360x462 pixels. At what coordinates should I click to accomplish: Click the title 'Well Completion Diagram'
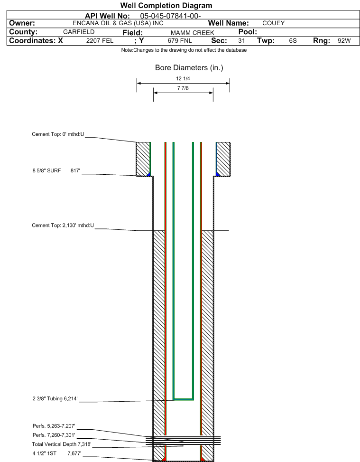point(166,6)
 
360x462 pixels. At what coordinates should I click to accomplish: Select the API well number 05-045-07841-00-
point(170,16)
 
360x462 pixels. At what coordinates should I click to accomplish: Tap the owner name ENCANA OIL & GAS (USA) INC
point(118,23)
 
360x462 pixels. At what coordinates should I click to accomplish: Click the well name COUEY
point(274,23)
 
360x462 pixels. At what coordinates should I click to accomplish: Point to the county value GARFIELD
point(79,32)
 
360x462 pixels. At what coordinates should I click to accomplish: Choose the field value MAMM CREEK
point(193,33)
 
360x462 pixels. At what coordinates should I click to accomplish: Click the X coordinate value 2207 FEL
point(100,41)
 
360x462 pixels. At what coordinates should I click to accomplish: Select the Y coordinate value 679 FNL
point(180,41)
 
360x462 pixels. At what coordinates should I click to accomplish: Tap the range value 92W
point(344,41)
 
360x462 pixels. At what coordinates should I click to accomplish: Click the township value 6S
point(293,41)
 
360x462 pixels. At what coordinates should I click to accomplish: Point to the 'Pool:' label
point(248,32)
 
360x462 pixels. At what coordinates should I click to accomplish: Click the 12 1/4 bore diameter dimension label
point(183,79)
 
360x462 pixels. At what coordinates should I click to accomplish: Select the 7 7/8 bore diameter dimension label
point(183,88)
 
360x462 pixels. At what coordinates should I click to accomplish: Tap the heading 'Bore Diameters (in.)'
point(189,68)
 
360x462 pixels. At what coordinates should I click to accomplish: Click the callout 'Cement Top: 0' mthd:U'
point(58,134)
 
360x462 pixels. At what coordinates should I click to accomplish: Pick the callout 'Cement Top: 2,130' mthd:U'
point(63,226)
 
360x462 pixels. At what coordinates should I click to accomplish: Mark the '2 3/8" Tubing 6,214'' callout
point(55,399)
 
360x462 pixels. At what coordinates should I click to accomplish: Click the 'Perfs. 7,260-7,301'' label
point(54,435)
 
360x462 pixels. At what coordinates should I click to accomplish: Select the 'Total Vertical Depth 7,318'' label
point(62,444)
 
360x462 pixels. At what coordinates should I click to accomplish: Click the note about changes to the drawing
point(184,50)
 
